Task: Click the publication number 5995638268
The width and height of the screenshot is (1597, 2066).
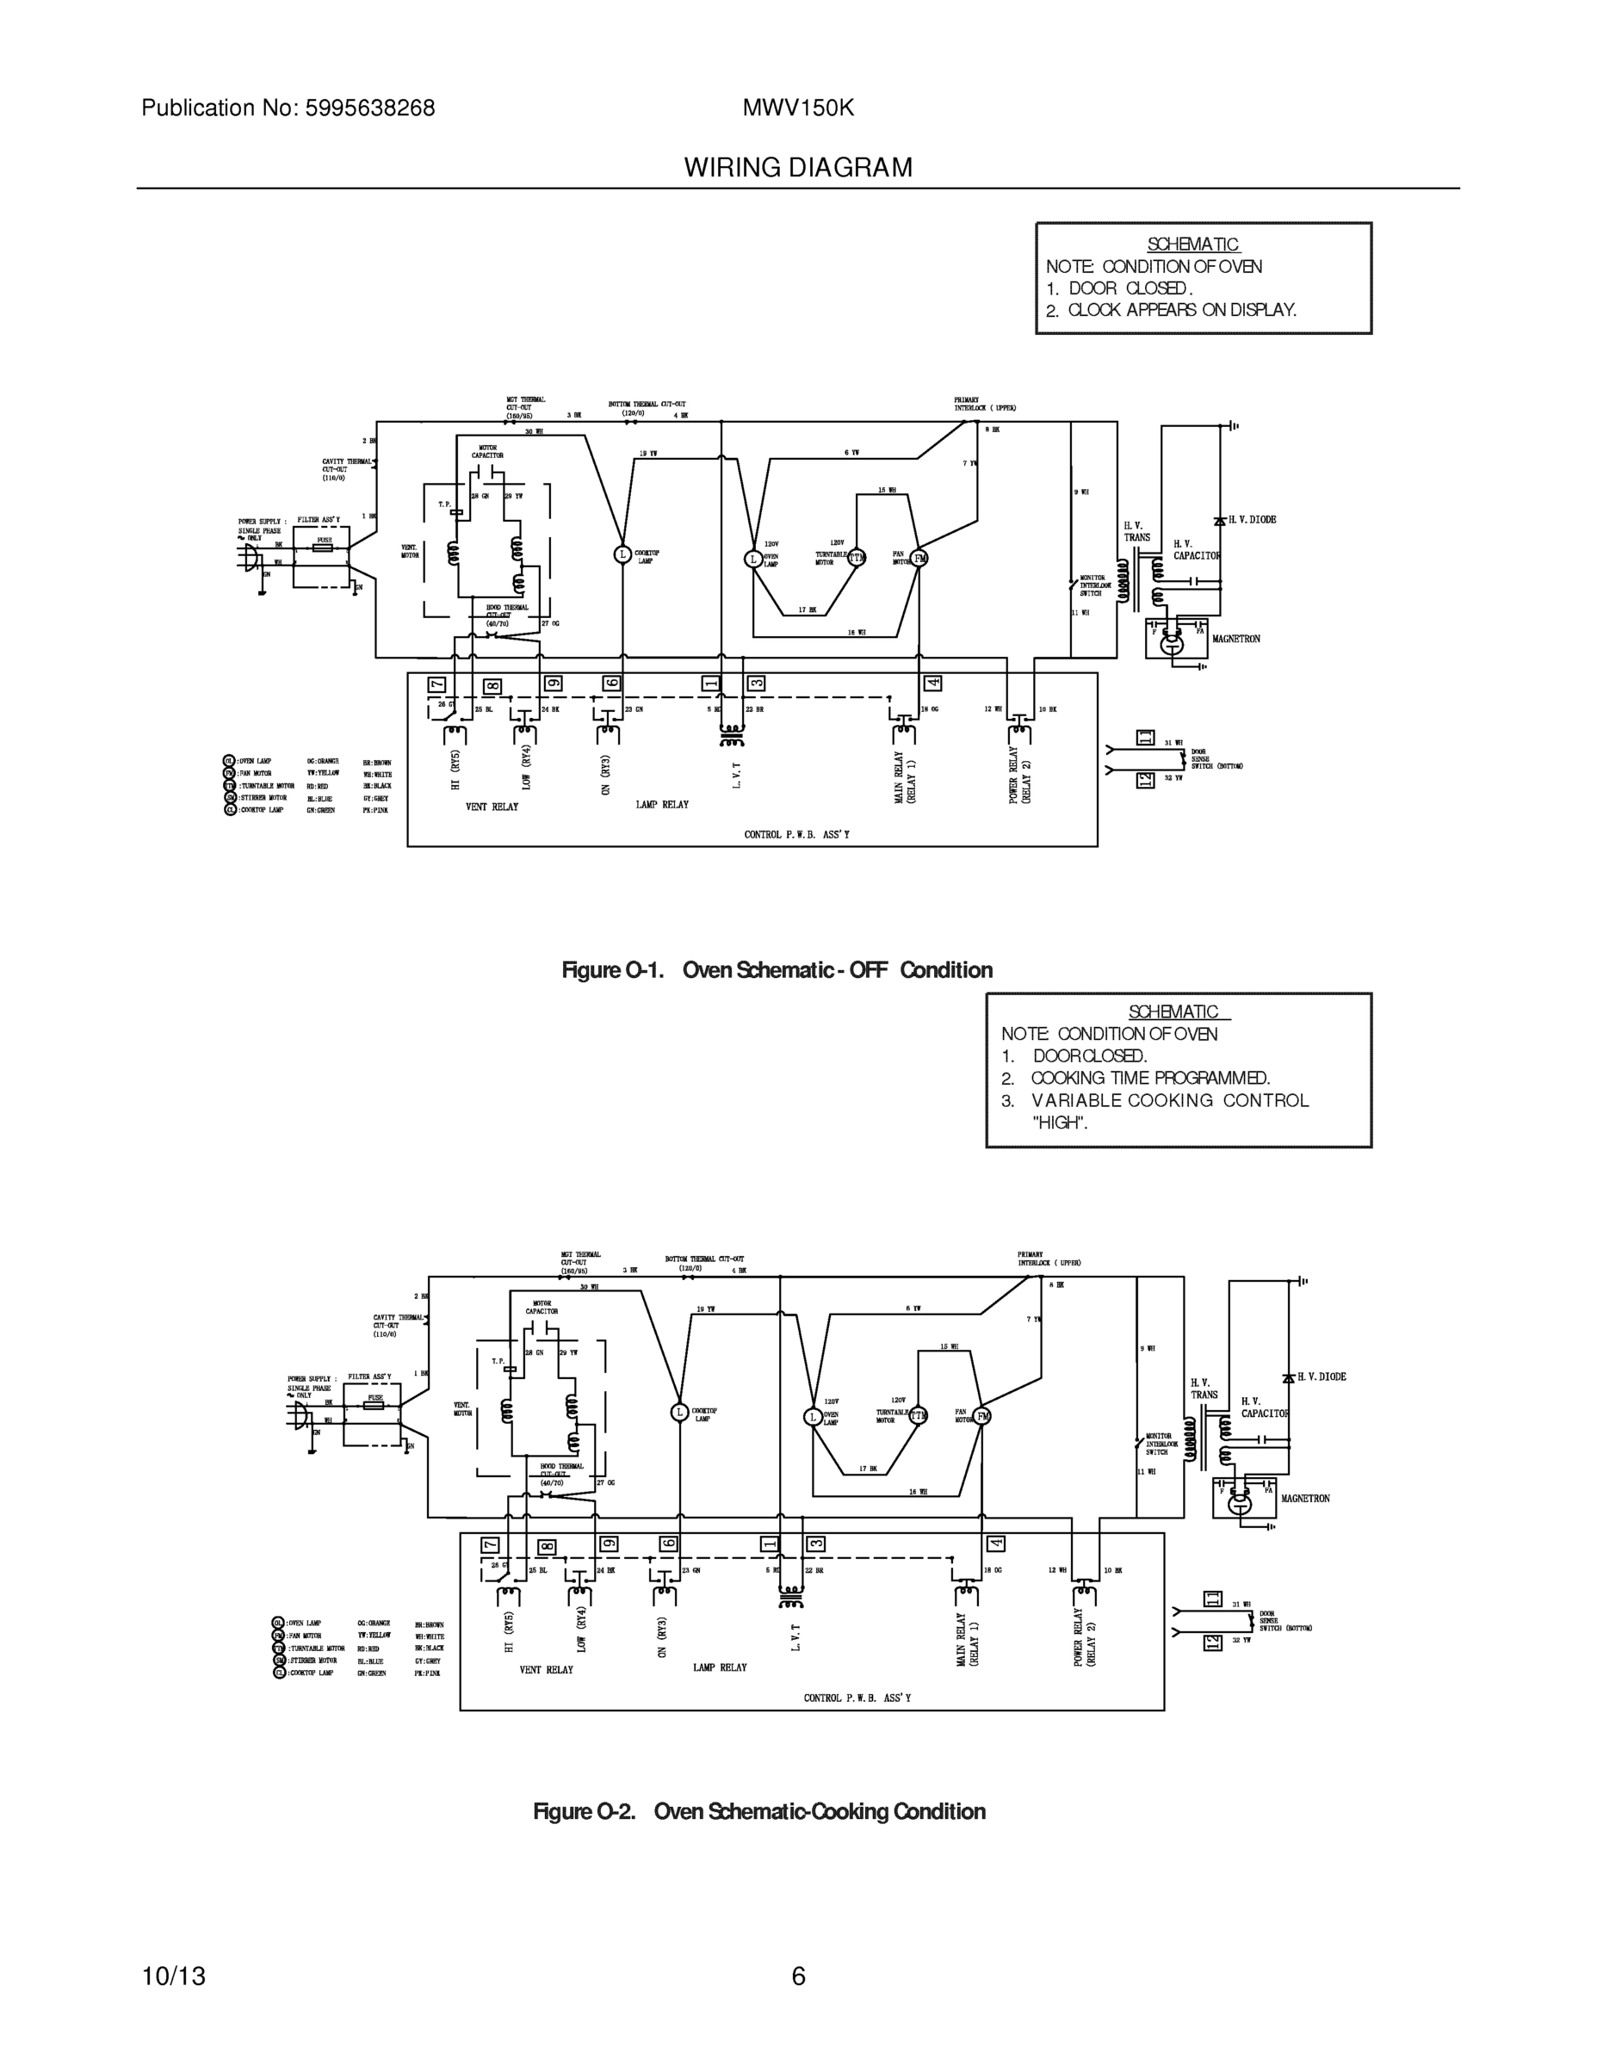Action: pos(369,108)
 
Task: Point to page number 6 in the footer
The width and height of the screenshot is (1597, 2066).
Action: pos(799,1976)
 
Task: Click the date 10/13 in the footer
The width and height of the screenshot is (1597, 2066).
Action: pos(173,1976)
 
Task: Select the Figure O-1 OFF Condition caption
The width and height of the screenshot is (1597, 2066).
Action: pos(777,969)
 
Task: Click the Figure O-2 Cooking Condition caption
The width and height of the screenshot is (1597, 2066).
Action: pos(758,1810)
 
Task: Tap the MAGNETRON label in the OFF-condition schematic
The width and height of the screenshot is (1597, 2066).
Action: pos(1235,640)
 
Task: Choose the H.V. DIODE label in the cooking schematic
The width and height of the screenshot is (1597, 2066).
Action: pos(1321,1377)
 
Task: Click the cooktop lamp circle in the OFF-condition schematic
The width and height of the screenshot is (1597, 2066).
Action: pos(622,554)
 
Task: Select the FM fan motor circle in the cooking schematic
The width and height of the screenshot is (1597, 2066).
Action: pos(983,1416)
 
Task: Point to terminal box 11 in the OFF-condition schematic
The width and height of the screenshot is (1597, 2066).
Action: pos(1145,738)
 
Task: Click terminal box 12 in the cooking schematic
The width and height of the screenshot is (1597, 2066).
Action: pos(1212,1643)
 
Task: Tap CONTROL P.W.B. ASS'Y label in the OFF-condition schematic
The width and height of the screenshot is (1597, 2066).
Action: pos(796,834)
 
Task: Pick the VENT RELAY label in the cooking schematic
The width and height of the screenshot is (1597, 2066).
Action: pos(546,1670)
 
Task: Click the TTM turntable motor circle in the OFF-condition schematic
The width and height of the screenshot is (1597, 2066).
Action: pos(857,558)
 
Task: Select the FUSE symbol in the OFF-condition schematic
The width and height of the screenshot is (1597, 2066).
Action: pos(324,547)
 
